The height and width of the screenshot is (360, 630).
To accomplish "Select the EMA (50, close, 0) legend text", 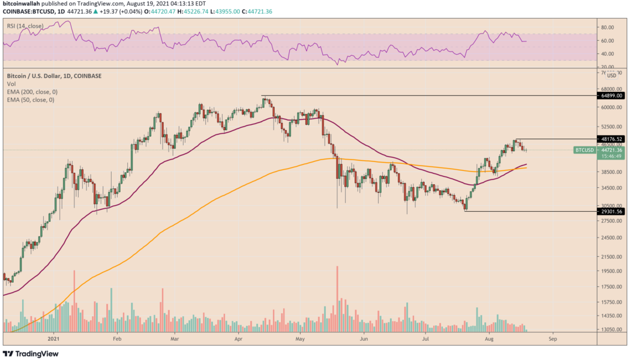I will point(29,100).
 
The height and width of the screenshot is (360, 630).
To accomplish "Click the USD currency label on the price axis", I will point(611,76).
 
